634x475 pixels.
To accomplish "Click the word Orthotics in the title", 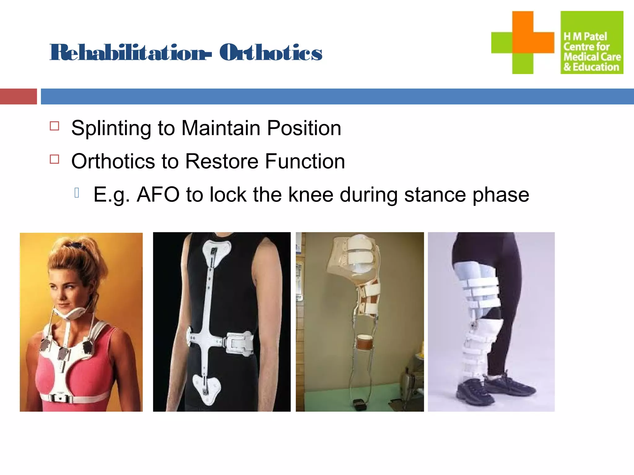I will [271, 53].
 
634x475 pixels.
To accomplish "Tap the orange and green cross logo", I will [523, 42].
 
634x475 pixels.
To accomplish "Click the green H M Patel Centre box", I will [592, 42].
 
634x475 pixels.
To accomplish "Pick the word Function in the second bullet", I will [305, 161].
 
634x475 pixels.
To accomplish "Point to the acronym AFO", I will [158, 195].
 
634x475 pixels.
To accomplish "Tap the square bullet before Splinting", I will [54, 126].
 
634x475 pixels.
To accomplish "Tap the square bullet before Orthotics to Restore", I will [54, 159].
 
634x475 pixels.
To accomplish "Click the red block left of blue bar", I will [18, 96].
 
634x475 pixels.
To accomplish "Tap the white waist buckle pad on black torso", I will [238, 342].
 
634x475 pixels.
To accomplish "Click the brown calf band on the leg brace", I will [365, 342].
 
